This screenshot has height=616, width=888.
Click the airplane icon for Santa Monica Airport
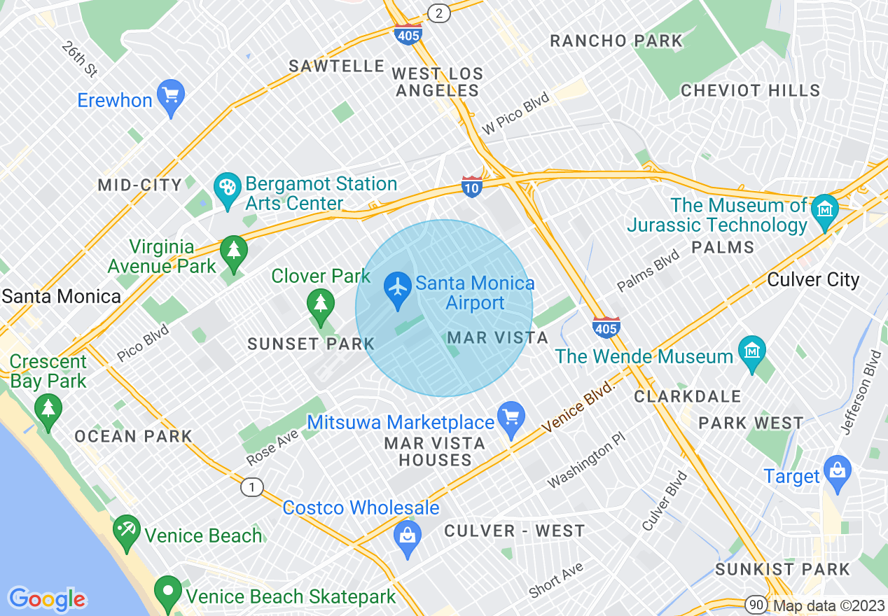coord(398,287)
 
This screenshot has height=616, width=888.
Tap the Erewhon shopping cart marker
coord(170,94)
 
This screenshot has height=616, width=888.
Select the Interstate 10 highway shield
coord(472,186)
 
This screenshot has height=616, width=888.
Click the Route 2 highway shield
coord(439,13)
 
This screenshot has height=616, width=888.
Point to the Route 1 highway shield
coord(252,487)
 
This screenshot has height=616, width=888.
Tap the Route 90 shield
coord(754,605)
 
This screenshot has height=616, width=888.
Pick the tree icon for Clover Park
coord(320,304)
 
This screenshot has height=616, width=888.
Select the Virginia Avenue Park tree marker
coord(233,251)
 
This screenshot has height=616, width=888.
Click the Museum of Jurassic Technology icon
coord(824,209)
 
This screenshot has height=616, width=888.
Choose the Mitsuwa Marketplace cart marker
coord(511,417)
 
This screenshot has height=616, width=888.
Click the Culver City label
coord(813,280)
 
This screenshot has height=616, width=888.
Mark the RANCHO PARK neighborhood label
coord(616,41)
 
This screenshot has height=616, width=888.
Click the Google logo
coord(48,599)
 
